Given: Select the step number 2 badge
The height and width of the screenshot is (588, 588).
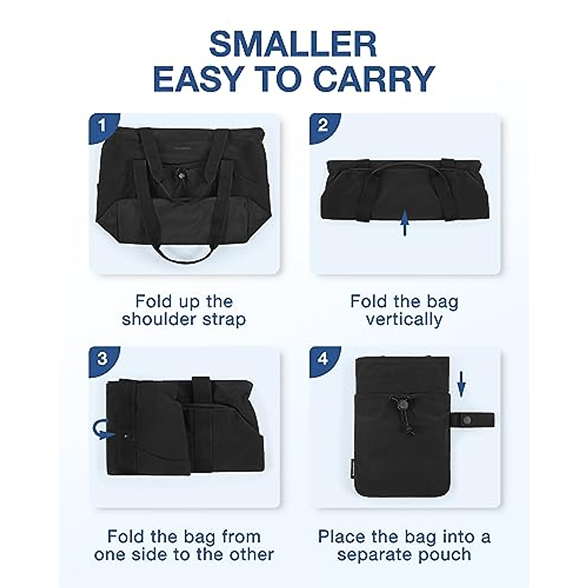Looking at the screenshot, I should (x=322, y=125).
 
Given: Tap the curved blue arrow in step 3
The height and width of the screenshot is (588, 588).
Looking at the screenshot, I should (x=102, y=431).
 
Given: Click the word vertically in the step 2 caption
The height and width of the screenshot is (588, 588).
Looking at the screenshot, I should (x=404, y=319).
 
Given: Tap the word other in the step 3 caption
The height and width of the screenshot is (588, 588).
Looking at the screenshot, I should (x=249, y=554).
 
